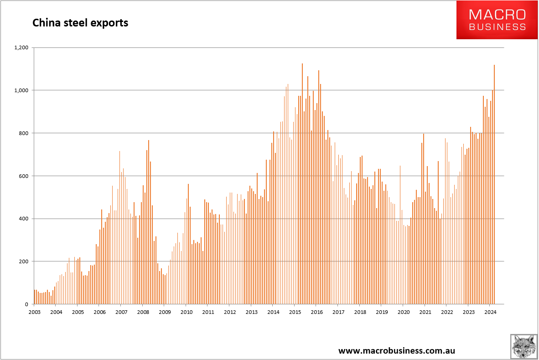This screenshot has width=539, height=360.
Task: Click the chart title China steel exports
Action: tap(80, 22)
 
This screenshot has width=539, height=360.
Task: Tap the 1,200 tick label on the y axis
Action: tap(21, 47)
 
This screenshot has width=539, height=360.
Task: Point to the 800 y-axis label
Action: tap(24, 133)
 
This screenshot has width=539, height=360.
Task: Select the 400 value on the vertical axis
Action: tap(24, 219)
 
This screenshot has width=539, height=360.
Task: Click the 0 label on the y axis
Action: tap(26, 304)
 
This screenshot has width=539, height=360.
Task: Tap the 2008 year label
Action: tap(143, 313)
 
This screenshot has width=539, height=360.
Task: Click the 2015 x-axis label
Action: tap(295, 313)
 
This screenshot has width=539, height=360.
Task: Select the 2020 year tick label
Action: tap(403, 313)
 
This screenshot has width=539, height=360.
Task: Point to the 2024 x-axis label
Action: tap(490, 313)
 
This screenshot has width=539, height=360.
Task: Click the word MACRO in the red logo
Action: tap(497, 15)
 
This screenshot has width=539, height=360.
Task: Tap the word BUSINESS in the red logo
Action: tap(497, 27)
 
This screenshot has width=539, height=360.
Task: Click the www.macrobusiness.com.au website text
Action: tap(397, 351)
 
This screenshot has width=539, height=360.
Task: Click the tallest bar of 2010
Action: tap(188, 244)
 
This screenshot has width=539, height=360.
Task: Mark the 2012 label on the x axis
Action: tap(229, 313)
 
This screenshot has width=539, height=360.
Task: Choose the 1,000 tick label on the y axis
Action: tap(21, 90)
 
